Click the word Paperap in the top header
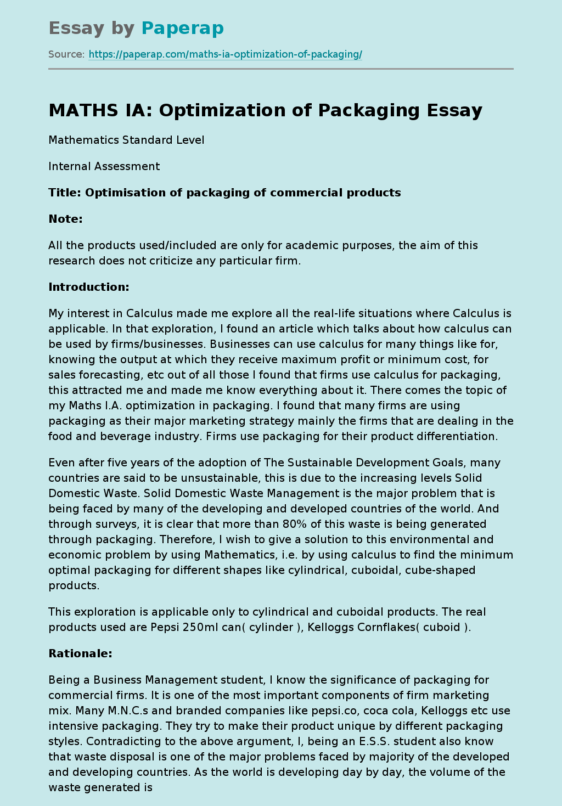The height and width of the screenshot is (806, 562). coord(182,28)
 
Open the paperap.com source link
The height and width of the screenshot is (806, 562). coord(225,54)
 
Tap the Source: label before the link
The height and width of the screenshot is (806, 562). coord(66,54)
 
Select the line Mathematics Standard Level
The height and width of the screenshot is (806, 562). coord(126,140)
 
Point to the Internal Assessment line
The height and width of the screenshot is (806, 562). coord(104,166)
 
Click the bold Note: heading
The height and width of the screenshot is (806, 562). coord(65,219)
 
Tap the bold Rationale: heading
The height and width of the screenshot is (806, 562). coord(80,653)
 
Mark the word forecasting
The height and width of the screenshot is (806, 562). coord(105,375)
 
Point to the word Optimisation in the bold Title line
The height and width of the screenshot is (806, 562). coord(119,193)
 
